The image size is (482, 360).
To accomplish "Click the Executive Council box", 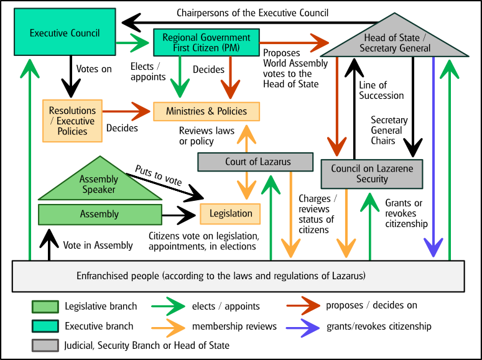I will [x=65, y=33].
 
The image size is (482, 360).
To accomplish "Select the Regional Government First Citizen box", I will [x=206, y=42].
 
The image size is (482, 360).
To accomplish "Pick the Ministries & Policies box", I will [x=206, y=111].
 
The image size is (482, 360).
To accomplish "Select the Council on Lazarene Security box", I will [x=372, y=173].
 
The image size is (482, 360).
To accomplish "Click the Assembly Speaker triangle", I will [x=99, y=185].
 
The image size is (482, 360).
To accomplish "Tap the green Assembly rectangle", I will [x=100, y=214].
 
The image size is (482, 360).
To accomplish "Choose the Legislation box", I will [x=230, y=213].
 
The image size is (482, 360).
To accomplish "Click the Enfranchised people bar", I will [x=238, y=275].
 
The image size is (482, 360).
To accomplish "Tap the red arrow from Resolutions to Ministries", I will [x=127, y=111].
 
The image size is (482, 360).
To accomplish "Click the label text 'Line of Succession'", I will [x=381, y=90].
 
